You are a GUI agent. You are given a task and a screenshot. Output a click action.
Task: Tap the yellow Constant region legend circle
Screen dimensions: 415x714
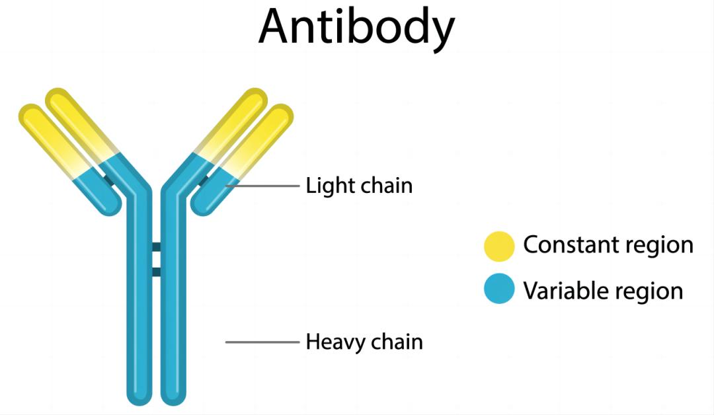[499, 246]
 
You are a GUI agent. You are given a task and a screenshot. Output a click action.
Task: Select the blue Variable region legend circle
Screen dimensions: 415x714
[499, 289]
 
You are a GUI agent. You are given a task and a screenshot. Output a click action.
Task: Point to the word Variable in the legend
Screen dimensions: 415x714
[560, 290]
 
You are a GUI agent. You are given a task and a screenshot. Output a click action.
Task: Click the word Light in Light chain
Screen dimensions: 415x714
[321, 186]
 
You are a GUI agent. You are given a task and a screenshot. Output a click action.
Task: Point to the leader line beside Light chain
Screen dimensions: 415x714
[264, 186]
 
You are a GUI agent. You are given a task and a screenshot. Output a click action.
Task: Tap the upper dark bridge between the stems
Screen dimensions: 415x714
[157, 247]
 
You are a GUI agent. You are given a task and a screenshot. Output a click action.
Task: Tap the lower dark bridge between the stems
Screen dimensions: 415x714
[157, 272]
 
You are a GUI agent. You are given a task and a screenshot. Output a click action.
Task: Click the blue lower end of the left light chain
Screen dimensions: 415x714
[108, 202]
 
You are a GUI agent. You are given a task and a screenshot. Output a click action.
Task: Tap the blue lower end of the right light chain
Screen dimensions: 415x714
[204, 202]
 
